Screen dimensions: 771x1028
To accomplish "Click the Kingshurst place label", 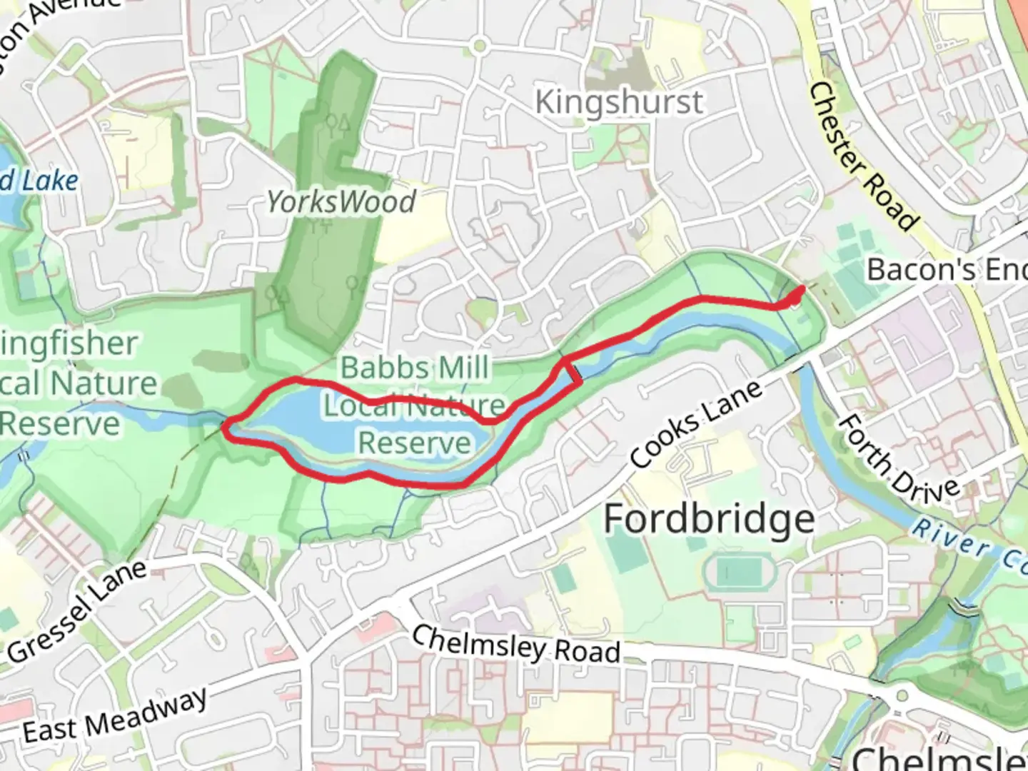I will [x=619, y=102].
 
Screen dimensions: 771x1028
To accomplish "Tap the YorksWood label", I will [x=341, y=202].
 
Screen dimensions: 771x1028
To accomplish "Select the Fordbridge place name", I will [x=709, y=518].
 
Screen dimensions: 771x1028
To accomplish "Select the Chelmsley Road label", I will [x=515, y=644].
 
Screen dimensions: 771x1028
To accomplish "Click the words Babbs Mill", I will [x=415, y=368].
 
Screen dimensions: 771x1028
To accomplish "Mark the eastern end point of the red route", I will [x=802, y=288].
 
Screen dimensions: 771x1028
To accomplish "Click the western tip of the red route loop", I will [x=225, y=428].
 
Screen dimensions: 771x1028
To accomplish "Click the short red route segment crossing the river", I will [x=575, y=373].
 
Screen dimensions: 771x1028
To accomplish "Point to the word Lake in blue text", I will [x=49, y=181].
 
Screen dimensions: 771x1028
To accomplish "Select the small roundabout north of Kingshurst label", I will [x=479, y=47].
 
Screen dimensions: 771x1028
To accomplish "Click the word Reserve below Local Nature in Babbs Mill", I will [x=415, y=443].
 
